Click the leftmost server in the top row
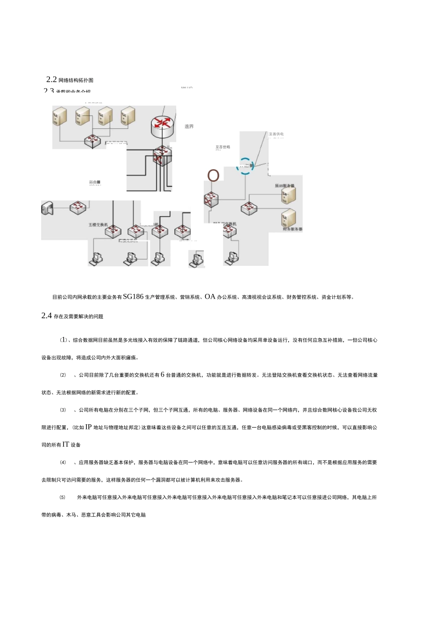pos(60,115)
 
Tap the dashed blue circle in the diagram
pos(245,166)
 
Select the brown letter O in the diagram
pos(213,176)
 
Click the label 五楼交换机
pos(98,225)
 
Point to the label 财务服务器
pos(293,229)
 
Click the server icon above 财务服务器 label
pos(288,218)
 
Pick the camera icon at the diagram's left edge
pos(47,208)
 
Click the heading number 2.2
pos(51,80)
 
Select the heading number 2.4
pos(46,316)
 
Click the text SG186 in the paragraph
pos(133,297)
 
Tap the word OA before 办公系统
pos(210,297)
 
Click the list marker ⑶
pos(63,410)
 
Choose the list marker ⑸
pos(63,498)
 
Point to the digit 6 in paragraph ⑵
pos(163,375)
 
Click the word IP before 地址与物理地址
pos(88,427)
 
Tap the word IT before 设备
pos(66,445)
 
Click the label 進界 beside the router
pos(189,127)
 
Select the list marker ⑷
pos(63,463)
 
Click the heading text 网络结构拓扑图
pos(76,80)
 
